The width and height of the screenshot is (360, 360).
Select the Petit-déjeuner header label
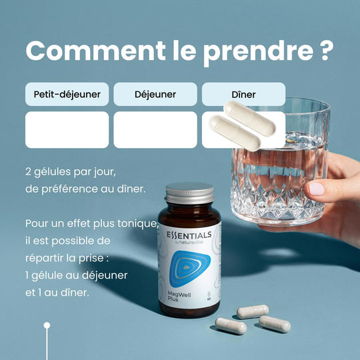[67, 95]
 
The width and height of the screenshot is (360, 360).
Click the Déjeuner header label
[155, 95]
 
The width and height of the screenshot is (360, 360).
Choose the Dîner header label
[243, 95]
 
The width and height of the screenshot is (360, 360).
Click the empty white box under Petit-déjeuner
[67, 130]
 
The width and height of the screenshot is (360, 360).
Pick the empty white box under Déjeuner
[155, 130]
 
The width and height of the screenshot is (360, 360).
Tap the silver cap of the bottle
[189, 193]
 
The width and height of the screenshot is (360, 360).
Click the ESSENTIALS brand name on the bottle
[189, 235]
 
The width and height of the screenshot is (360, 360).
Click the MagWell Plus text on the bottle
[179, 296]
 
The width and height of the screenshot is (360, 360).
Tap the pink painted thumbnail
[317, 189]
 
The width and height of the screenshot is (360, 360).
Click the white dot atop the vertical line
[47, 325]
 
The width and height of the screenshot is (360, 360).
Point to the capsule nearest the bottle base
[231, 326]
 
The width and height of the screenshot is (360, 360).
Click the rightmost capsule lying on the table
[275, 324]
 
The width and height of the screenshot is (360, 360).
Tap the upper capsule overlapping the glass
[249, 119]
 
